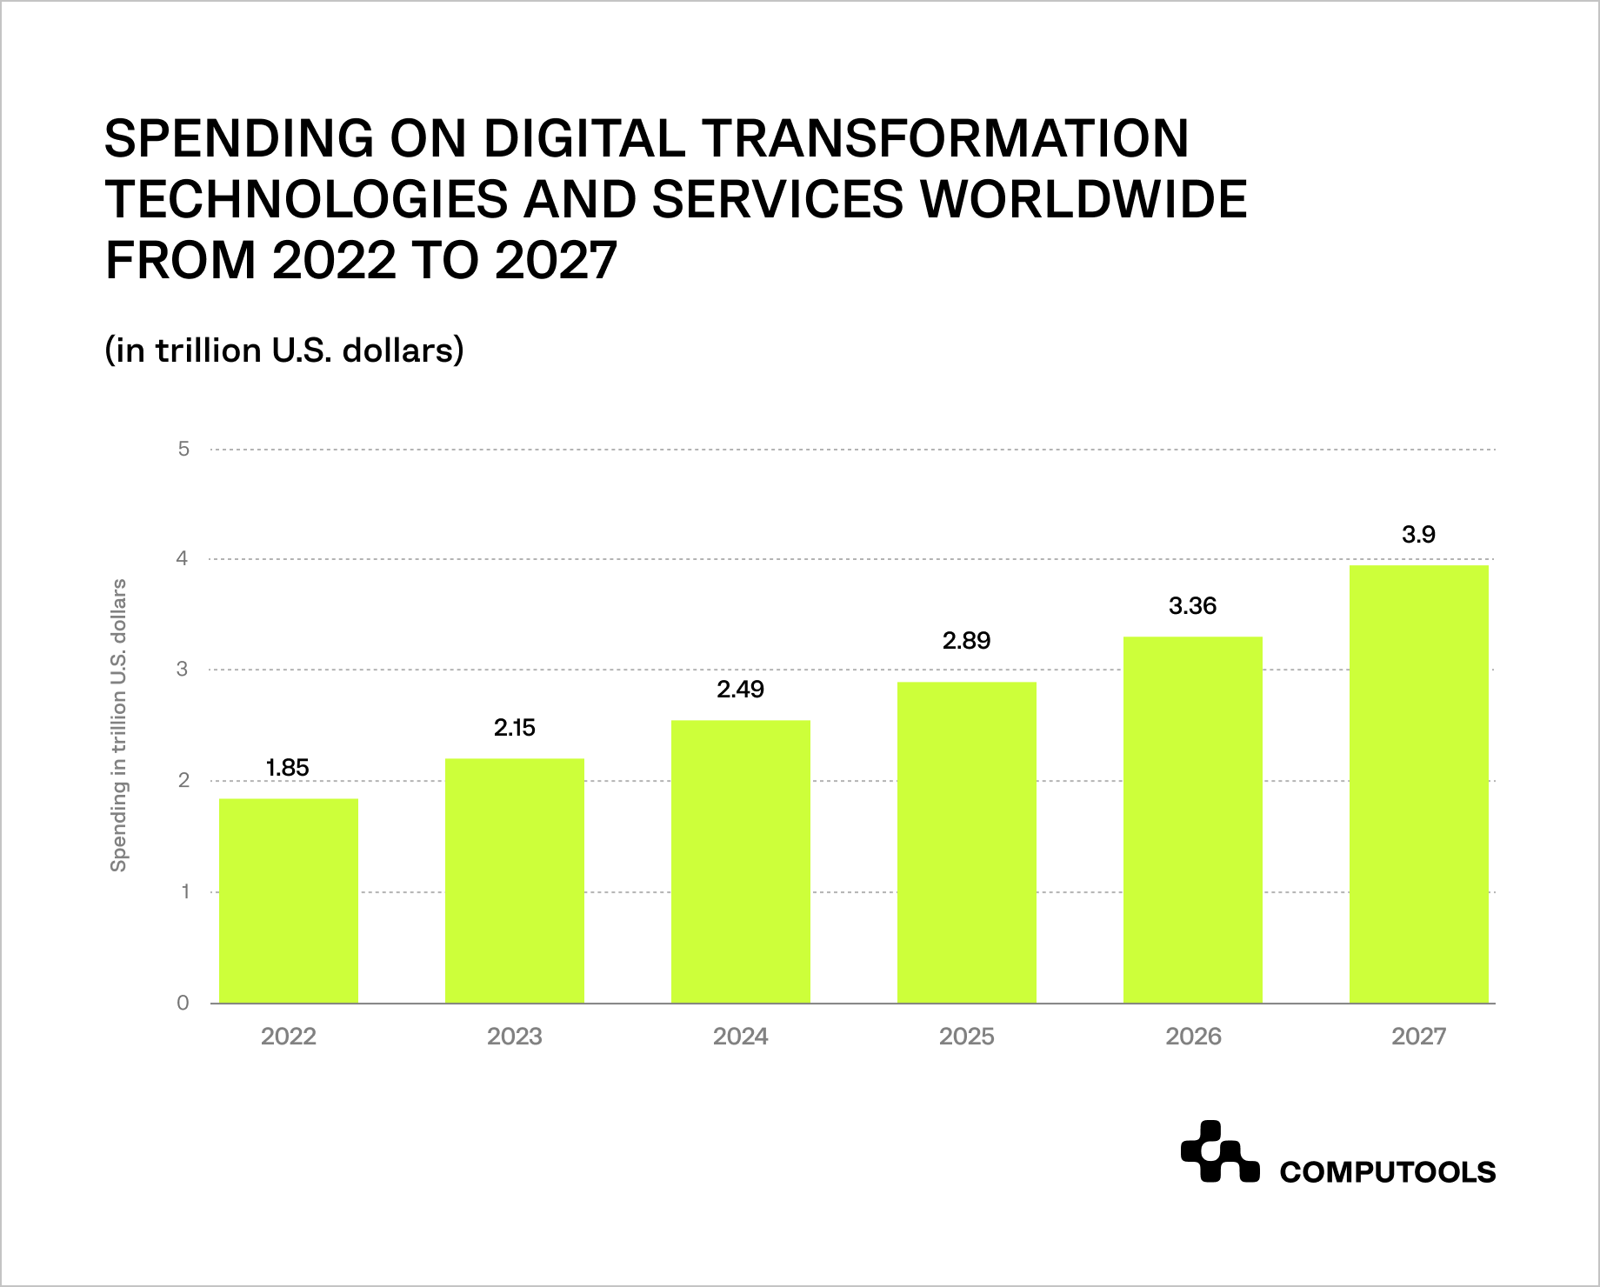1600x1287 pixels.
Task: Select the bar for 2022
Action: tap(288, 901)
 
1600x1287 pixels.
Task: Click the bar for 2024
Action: tap(740, 862)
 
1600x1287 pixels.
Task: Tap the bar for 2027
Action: tap(1418, 784)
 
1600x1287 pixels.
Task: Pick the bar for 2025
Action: tap(966, 843)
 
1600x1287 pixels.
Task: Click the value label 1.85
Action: tap(288, 768)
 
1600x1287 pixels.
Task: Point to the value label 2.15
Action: tap(514, 728)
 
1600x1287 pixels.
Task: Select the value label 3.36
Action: tap(1192, 606)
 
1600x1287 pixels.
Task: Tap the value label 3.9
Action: tap(1418, 535)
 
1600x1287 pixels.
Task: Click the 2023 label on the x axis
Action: tap(514, 1037)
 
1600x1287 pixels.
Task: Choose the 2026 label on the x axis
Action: tap(1192, 1037)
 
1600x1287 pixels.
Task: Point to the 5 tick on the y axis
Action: tap(183, 450)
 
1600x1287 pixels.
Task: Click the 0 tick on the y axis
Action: tap(183, 1004)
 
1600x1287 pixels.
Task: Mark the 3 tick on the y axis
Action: tap(183, 670)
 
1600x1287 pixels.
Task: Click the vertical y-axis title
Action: tap(119, 725)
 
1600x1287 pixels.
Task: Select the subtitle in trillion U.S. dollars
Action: tap(283, 350)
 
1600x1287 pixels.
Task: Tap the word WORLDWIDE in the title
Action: tap(1083, 199)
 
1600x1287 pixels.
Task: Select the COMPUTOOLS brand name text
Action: tap(1387, 1172)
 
